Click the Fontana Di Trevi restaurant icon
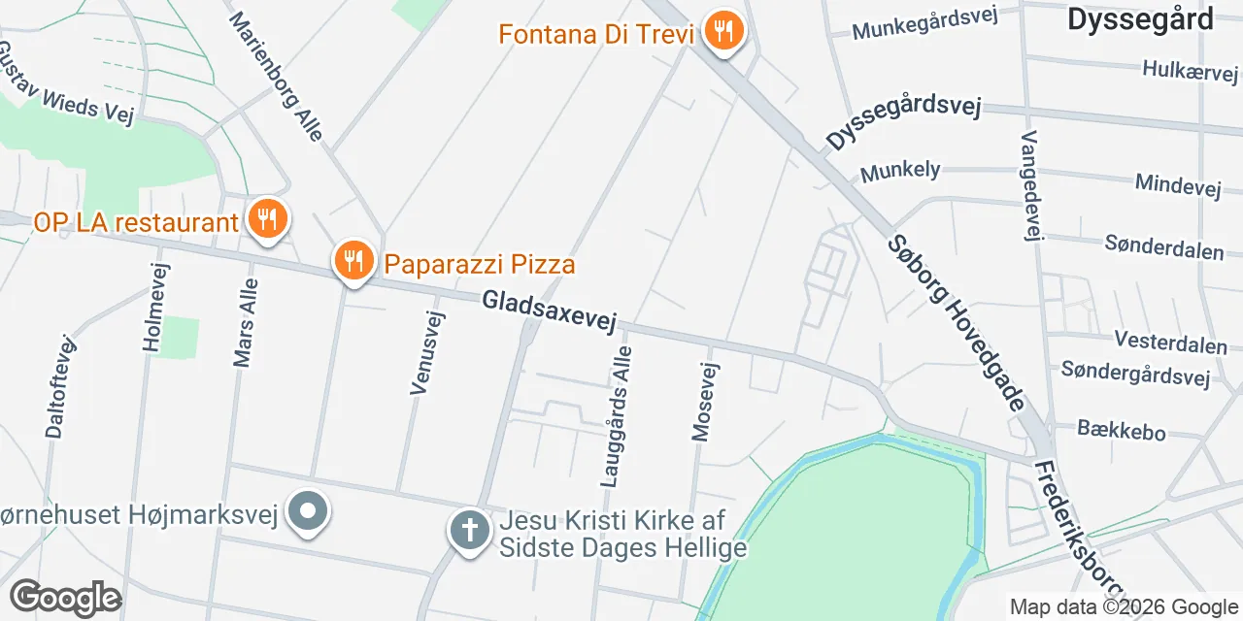click(x=722, y=31)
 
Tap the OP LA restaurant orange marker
click(x=264, y=219)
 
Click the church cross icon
click(x=469, y=531)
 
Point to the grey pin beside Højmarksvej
click(x=309, y=511)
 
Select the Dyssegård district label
click(x=1140, y=18)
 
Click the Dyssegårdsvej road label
click(x=904, y=123)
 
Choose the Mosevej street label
click(x=705, y=402)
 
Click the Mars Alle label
click(x=246, y=322)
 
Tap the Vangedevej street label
click(x=1030, y=184)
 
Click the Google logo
click(x=65, y=599)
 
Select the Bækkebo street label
click(x=1122, y=430)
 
